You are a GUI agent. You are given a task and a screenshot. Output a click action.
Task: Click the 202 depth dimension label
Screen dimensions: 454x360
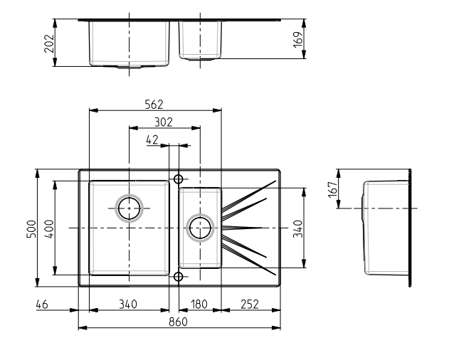49,43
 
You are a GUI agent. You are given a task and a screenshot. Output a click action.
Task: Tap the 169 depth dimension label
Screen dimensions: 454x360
298,39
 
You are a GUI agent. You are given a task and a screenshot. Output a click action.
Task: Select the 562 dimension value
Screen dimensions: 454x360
154,105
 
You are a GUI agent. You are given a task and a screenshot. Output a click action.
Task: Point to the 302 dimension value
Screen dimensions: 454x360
164,122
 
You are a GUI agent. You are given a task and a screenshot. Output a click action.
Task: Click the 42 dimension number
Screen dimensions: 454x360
152,140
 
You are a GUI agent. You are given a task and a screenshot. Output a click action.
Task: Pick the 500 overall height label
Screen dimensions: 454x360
31,229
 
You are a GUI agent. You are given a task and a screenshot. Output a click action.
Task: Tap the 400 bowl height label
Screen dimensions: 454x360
49,229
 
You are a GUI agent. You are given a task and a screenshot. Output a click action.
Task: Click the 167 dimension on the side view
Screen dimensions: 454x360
333,189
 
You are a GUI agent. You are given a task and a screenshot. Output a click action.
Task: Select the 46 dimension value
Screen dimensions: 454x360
42,304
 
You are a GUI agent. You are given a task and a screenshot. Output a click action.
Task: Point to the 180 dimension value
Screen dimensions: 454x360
199,304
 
